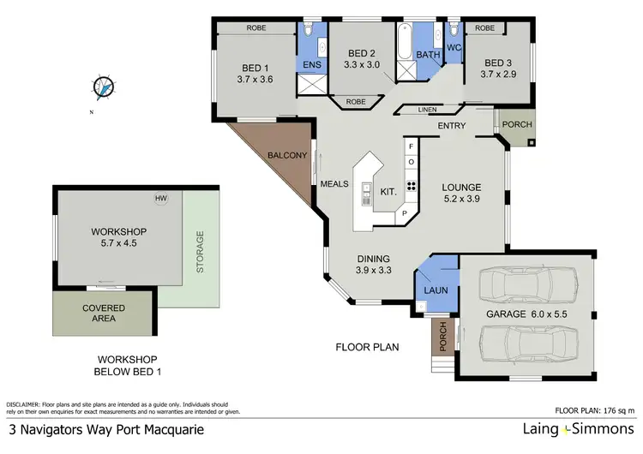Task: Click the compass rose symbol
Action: [x=104, y=87]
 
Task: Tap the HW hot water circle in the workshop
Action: [x=160, y=199]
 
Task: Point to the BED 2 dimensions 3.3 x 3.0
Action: [x=360, y=63]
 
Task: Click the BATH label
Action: [x=428, y=56]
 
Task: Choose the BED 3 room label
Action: [x=499, y=63]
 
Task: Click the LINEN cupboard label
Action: [x=428, y=110]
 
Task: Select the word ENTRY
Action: [x=452, y=127]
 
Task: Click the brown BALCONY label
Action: [x=287, y=155]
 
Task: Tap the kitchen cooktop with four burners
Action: [x=411, y=187]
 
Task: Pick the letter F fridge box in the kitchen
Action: [x=411, y=147]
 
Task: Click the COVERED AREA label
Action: [x=104, y=314]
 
